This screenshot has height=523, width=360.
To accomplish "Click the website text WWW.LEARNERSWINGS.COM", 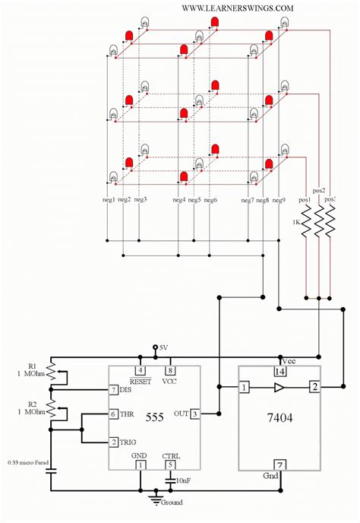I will tap(238, 8).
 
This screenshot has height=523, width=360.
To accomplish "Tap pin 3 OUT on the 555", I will tap(195, 414).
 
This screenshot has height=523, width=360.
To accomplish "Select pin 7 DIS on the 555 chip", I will tap(114, 390).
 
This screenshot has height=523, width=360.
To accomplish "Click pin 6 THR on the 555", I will tap(114, 414).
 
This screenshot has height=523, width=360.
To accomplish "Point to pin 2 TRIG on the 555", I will tap(114, 442).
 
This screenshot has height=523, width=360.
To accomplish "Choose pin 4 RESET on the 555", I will tap(141, 370).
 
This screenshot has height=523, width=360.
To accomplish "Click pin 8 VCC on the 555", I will tap(171, 370).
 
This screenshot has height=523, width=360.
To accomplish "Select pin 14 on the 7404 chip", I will tap(279, 371).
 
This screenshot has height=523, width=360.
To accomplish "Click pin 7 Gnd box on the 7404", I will tap(279, 464).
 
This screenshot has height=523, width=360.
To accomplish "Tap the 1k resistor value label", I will tap(297, 221).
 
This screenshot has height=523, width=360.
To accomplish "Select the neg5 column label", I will tap(194, 200).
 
